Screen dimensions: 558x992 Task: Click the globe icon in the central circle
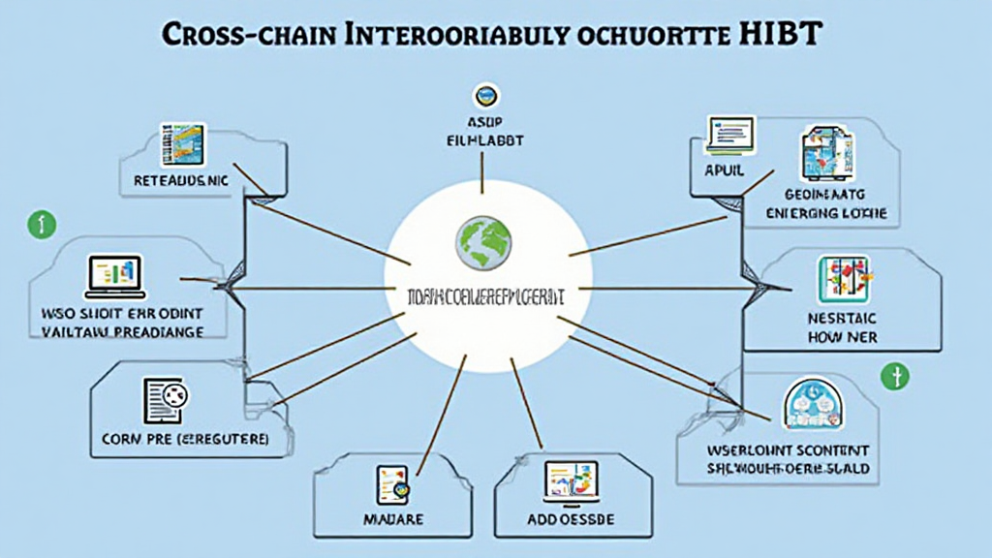483,242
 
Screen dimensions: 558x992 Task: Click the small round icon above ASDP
483,96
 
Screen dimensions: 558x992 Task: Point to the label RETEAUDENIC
181,181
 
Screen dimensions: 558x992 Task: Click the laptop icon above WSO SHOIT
113,276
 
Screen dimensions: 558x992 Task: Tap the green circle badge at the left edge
42,225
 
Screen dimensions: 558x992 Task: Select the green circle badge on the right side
893,375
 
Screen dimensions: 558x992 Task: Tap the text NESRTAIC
842,318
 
